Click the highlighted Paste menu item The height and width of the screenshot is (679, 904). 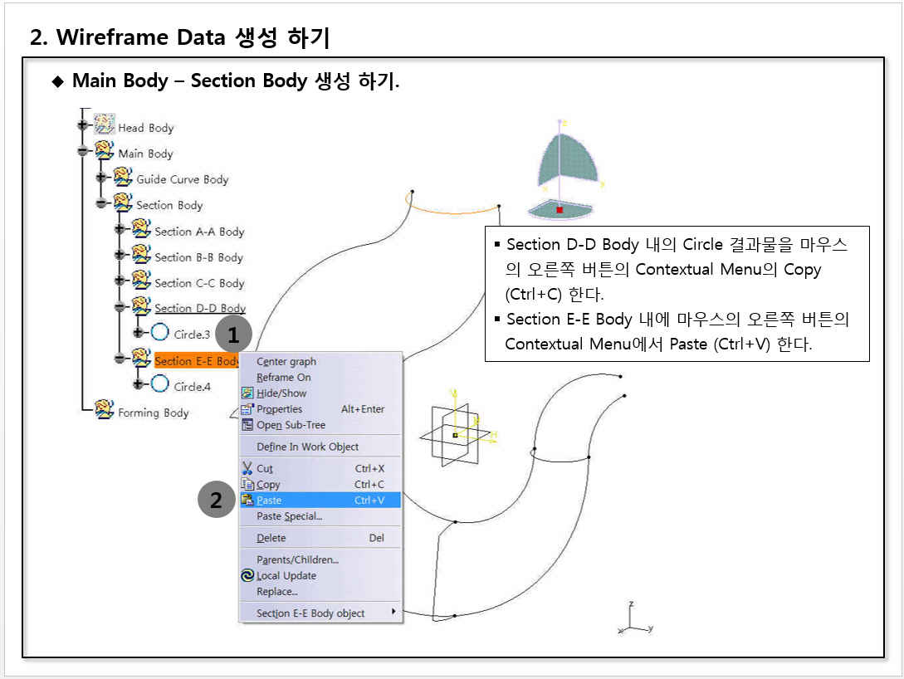click(320, 500)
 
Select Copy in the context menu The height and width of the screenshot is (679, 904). click(268, 484)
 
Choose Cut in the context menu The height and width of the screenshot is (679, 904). click(265, 469)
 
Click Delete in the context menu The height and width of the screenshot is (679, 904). click(271, 538)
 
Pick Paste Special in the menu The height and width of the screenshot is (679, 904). click(289, 516)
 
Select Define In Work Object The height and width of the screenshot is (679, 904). click(307, 447)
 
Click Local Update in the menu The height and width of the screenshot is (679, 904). click(286, 576)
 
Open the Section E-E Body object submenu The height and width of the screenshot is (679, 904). click(310, 613)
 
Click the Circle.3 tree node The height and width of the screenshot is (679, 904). click(192, 335)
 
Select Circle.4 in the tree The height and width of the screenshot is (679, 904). click(192, 387)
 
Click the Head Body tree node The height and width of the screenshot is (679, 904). click(146, 128)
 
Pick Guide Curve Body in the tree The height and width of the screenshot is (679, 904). click(182, 179)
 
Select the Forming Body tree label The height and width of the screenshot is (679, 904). click(154, 413)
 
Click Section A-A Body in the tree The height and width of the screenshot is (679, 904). click(199, 232)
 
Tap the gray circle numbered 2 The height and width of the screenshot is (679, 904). click(216, 500)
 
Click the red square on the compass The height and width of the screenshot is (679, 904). click(560, 210)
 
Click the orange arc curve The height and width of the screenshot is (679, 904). click(452, 212)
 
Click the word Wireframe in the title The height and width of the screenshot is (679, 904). click(112, 37)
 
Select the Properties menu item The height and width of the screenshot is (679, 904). click(279, 409)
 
